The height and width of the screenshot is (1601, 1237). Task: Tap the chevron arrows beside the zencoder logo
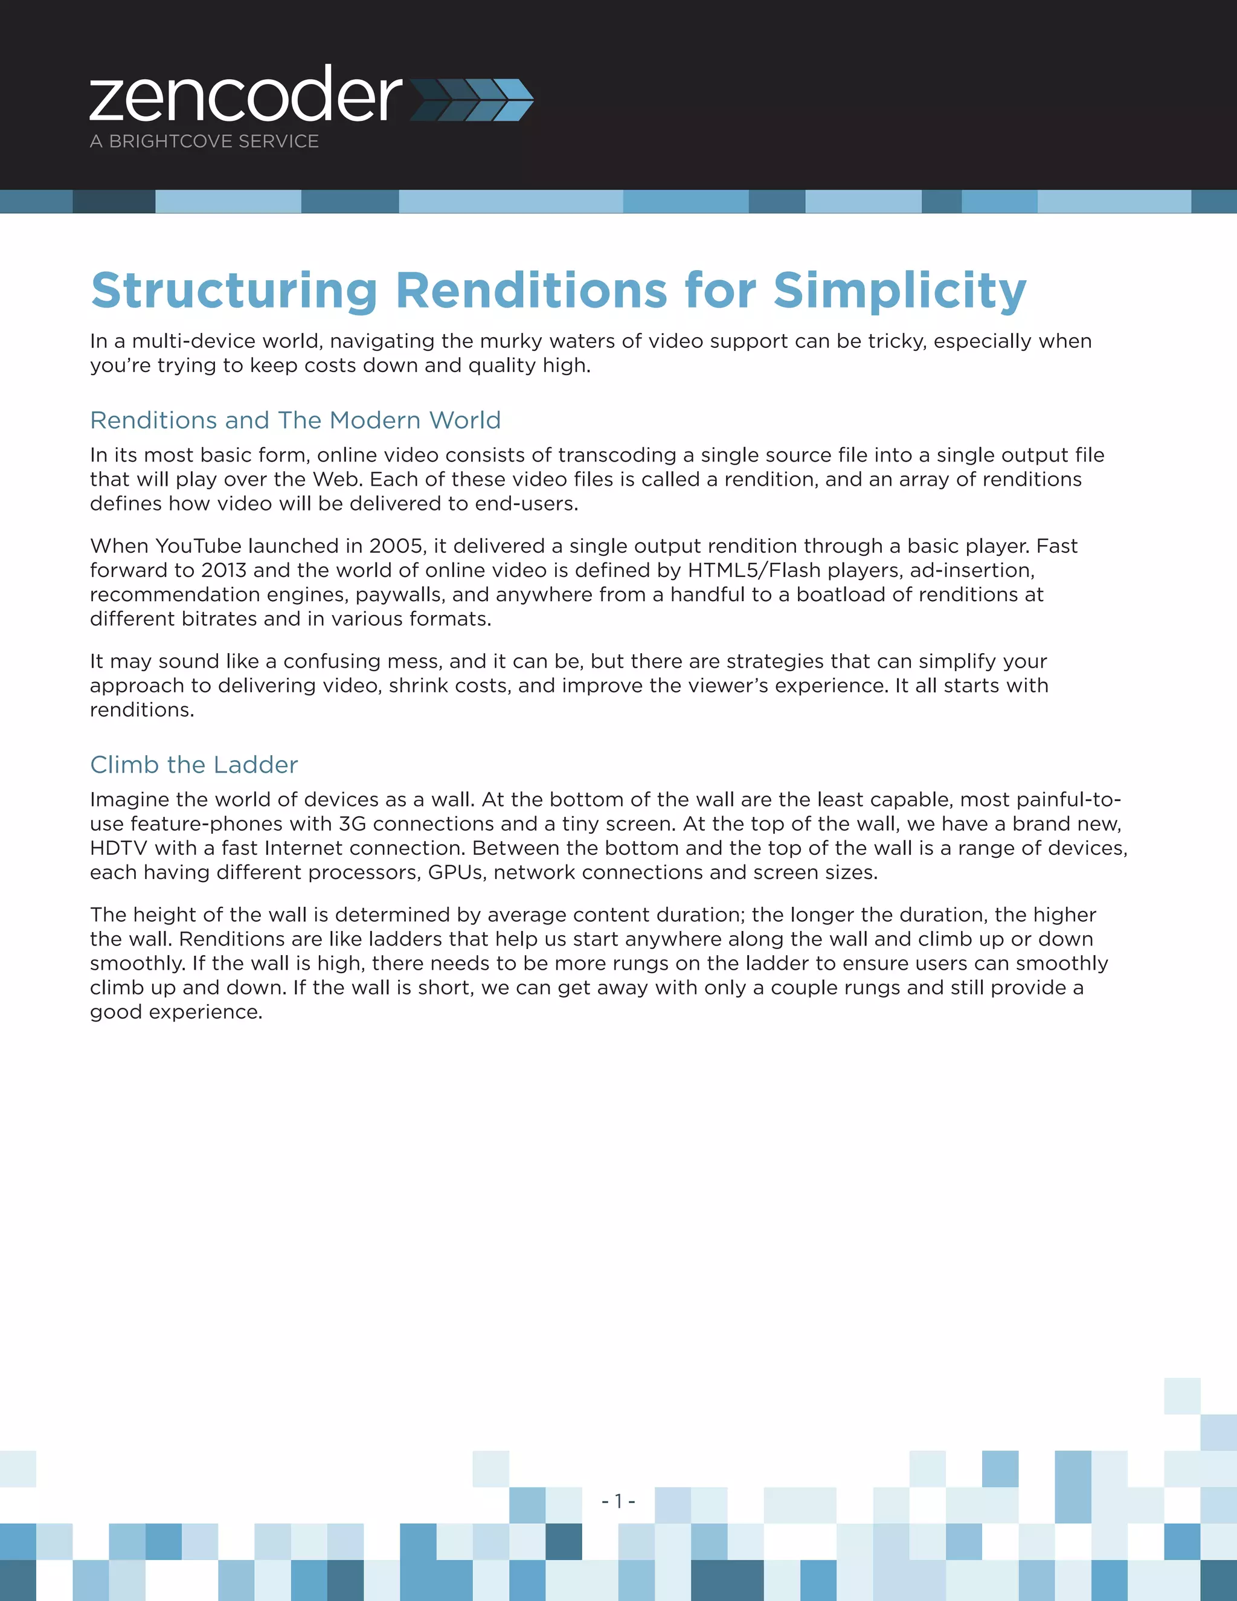(472, 100)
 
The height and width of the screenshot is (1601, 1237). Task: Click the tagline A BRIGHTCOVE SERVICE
(205, 141)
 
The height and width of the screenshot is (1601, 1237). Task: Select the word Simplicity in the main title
(900, 291)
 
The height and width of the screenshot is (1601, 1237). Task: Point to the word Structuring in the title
(234, 291)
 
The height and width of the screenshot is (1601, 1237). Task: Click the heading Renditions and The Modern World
(295, 420)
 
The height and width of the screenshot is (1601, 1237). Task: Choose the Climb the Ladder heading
(194, 765)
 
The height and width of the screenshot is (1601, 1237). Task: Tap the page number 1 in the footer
(618, 1501)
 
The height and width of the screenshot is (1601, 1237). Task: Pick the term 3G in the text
(353, 824)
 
